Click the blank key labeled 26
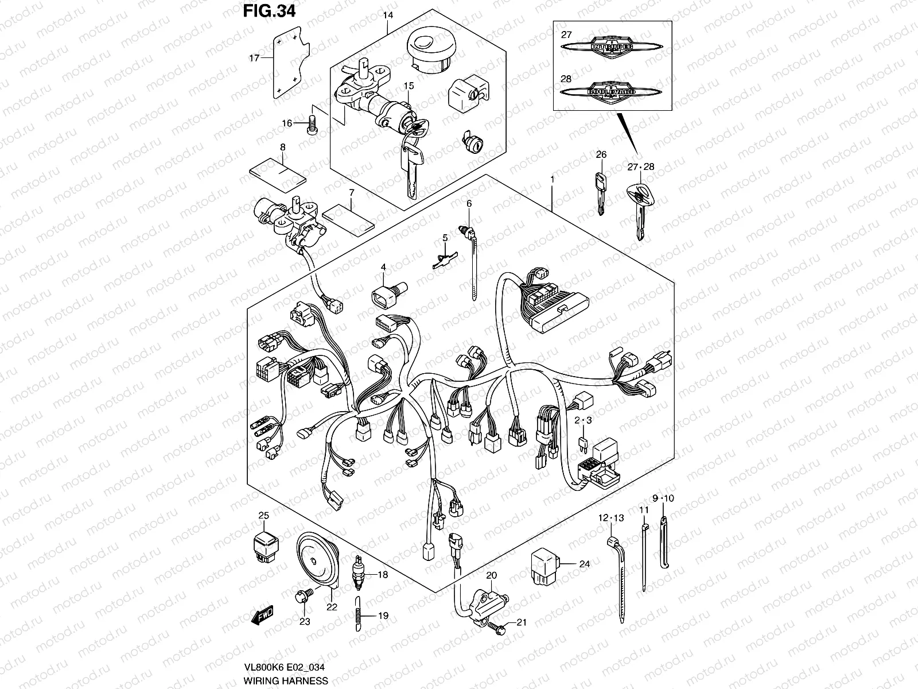pos(600,191)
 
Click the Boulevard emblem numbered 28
pos(612,92)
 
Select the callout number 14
pos(388,14)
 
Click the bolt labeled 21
pos(497,630)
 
